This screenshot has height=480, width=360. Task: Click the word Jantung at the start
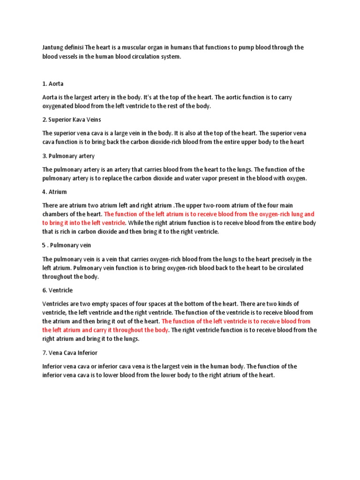pyautogui.click(x=53, y=47)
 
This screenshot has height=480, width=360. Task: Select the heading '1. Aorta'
pyautogui.click(x=52, y=83)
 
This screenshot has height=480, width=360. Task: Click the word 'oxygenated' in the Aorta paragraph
pyautogui.click(x=59, y=106)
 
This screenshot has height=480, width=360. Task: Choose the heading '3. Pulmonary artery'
pyautogui.click(x=68, y=156)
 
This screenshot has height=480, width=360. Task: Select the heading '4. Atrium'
pyautogui.click(x=54, y=192)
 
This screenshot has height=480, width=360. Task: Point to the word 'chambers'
pyautogui.click(x=57, y=214)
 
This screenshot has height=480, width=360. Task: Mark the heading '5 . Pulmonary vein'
pyautogui.click(x=67, y=245)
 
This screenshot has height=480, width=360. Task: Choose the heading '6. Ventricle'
pyautogui.click(x=57, y=290)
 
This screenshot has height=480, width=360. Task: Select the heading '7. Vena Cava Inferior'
pyautogui.click(x=70, y=352)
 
